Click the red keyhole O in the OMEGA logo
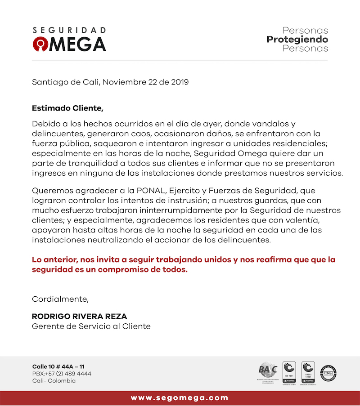point(40,44)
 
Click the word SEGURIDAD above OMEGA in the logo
point(69,31)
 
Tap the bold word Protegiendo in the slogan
point(297,40)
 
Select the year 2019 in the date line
point(180,82)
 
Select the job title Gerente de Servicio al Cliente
point(91,326)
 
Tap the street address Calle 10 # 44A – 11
point(58,366)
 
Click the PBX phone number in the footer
point(62,374)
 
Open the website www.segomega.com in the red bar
point(180,398)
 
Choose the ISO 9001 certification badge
point(288,372)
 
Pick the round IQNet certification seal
point(328,373)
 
